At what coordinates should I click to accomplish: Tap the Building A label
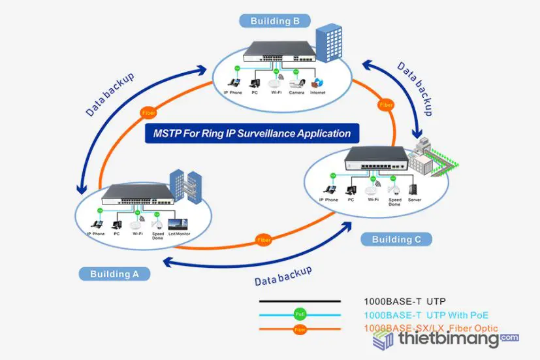114,274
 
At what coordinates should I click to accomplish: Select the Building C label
396,239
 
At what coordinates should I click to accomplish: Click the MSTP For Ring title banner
252,133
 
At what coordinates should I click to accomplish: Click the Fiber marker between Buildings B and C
386,105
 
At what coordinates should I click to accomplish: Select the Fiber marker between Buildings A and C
264,238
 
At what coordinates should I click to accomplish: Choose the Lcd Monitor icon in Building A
178,222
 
